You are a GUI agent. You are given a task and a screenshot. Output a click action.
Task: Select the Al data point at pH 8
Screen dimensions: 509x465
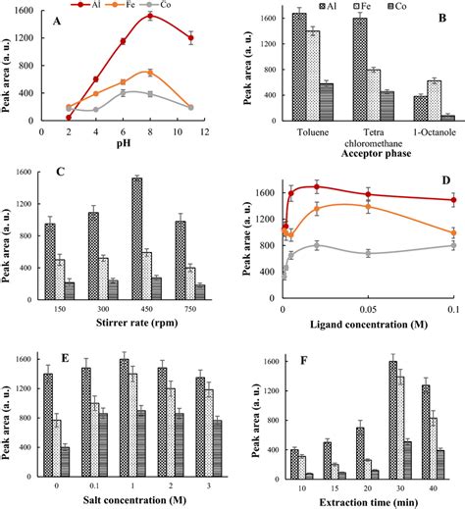pos(149,16)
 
